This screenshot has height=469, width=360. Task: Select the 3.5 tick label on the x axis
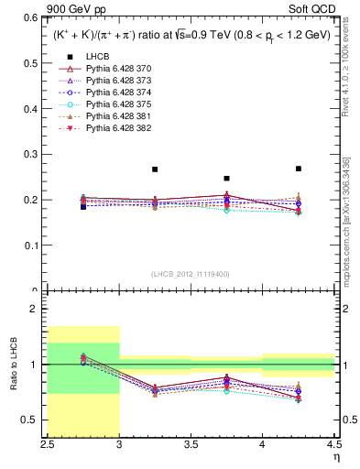coord(191,444)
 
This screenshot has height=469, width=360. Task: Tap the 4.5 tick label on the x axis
coord(333,444)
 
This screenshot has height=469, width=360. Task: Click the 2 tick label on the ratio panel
coord(37,310)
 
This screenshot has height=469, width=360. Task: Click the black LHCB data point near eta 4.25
coord(299,169)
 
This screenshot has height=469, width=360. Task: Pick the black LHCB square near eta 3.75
coord(226,178)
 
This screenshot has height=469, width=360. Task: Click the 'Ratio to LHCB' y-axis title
coord(12,365)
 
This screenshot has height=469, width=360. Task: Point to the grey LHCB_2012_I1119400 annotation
coord(191,274)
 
